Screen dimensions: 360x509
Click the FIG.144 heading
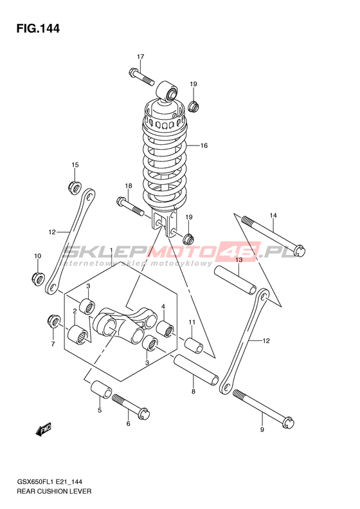39,28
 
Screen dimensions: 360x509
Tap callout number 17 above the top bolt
140,57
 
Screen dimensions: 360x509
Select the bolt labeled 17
141,77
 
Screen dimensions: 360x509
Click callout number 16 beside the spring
204,145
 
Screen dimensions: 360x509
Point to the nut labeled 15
75,187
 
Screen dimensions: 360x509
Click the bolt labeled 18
130,207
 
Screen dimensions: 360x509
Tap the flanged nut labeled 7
53,320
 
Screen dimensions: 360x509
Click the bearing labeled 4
166,328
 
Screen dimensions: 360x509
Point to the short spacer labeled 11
194,346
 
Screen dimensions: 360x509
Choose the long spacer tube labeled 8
196,370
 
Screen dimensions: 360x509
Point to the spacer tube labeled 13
235,280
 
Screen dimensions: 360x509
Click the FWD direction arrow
44,429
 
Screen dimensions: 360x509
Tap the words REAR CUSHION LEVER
54,491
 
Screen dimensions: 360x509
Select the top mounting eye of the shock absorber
167,91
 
